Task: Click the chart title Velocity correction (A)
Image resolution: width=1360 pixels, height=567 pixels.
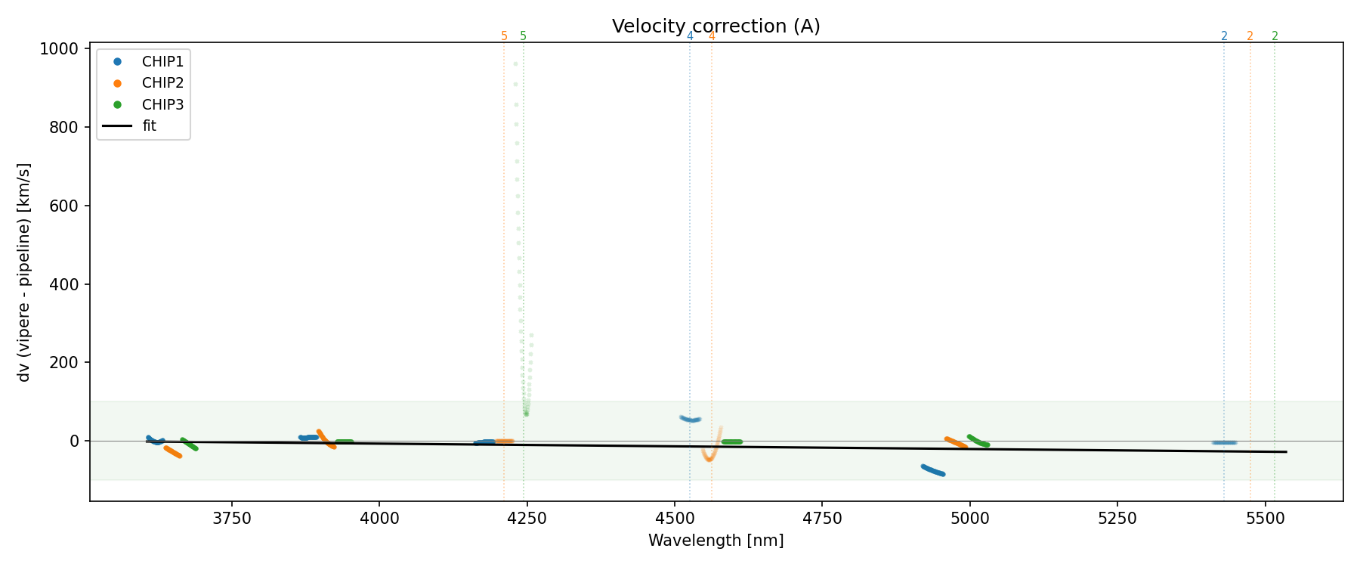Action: click(716, 26)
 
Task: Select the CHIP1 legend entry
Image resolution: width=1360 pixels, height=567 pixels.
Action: click(162, 62)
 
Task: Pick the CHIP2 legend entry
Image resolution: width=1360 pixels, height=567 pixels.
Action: click(162, 83)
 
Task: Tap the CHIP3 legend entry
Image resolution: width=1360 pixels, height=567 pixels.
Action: click(162, 105)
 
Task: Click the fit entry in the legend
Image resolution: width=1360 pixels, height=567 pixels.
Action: click(149, 126)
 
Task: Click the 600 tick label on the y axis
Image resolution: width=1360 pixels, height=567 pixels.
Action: click(68, 206)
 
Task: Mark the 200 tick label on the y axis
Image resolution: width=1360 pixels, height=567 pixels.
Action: click(68, 363)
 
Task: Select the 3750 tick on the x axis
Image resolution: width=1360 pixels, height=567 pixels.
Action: click(232, 518)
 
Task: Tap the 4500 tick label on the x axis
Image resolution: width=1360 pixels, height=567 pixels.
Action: click(674, 518)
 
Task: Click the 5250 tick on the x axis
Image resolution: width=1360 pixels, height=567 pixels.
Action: click(1117, 518)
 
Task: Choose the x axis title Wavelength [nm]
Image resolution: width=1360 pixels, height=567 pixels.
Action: click(716, 541)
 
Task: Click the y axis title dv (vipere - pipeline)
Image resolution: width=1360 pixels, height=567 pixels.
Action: click(24, 272)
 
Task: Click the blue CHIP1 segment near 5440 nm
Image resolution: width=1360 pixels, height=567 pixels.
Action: click(1224, 442)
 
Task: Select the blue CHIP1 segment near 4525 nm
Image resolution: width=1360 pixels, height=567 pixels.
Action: click(690, 419)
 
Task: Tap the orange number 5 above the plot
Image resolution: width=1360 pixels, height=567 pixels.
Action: click(505, 36)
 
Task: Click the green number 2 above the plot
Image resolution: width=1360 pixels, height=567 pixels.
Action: click(1275, 36)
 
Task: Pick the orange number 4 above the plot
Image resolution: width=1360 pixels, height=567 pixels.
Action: click(712, 36)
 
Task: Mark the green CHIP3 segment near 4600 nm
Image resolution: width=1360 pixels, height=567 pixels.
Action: click(731, 442)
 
